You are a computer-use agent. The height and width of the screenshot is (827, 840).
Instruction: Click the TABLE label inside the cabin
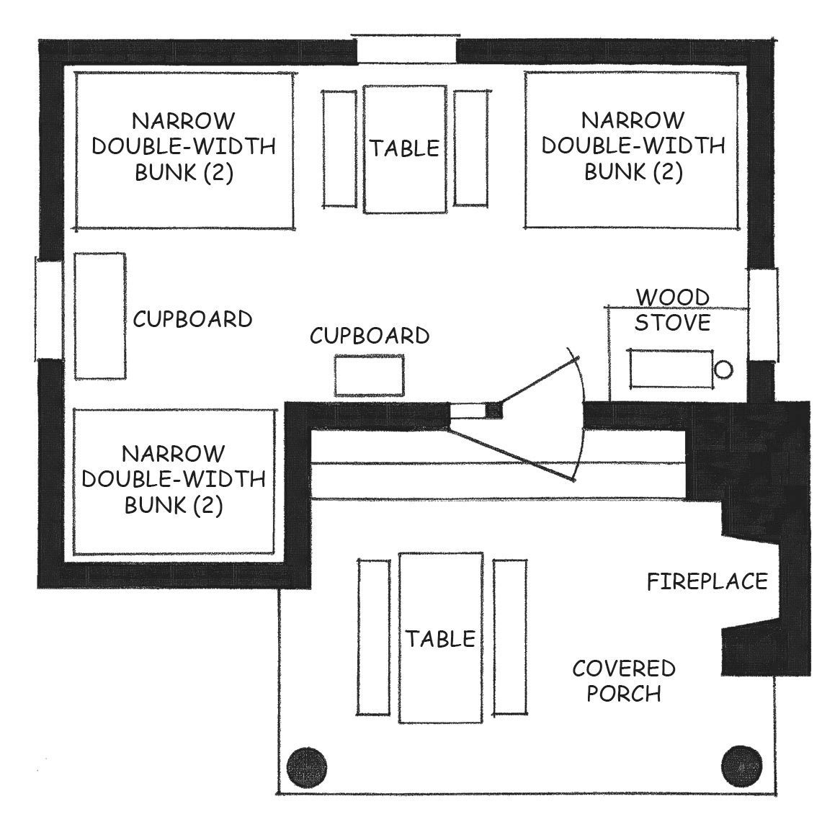click(x=404, y=148)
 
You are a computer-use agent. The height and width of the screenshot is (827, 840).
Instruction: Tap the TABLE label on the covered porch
click(x=440, y=638)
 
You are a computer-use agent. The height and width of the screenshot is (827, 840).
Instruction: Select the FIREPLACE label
click(x=707, y=581)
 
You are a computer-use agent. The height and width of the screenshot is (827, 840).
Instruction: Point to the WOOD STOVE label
click(x=673, y=310)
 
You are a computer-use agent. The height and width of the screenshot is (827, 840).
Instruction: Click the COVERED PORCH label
click(x=624, y=681)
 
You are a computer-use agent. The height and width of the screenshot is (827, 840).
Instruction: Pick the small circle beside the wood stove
click(x=724, y=370)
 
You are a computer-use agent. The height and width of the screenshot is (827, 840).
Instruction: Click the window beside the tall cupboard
click(x=49, y=308)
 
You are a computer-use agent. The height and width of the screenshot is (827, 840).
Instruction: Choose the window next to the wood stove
click(x=764, y=314)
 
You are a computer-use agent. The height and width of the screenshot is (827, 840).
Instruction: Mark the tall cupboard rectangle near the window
click(x=100, y=316)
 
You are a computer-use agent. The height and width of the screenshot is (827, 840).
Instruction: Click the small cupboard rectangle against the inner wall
click(x=369, y=375)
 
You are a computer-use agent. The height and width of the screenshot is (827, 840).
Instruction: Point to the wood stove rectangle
click(x=672, y=369)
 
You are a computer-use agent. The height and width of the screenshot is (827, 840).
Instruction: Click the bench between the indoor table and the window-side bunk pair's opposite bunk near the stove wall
click(x=471, y=148)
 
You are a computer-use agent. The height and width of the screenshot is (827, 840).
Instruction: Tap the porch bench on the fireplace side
click(x=510, y=637)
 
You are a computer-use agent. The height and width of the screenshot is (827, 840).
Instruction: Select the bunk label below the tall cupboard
click(x=174, y=479)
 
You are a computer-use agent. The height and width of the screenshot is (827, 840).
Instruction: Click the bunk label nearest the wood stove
click(x=633, y=146)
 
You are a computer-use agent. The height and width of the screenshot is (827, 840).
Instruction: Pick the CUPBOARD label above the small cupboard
click(x=370, y=336)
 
